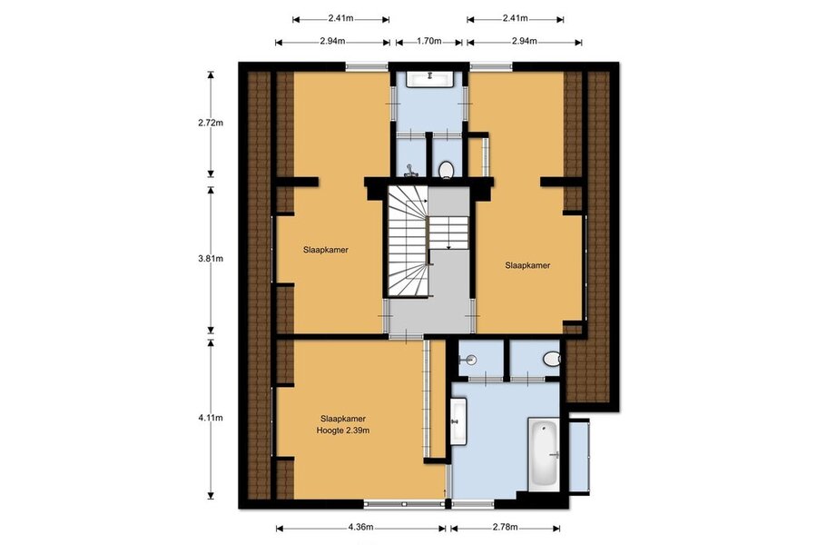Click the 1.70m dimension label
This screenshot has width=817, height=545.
(428, 41)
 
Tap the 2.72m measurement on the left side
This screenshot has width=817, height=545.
(211, 124)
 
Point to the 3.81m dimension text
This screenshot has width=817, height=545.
(211, 258)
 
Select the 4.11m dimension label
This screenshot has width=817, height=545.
(211, 418)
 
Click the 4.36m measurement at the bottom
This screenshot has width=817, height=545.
(360, 527)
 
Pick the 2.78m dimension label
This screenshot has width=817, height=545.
(505, 527)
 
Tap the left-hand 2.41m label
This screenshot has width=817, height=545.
(340, 19)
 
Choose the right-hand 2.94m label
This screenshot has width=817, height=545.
(524, 41)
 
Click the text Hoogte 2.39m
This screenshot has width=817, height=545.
(343, 431)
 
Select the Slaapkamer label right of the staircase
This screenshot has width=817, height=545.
(527, 265)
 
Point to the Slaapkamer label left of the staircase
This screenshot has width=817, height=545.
(326, 250)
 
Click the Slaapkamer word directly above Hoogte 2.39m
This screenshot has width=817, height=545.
(343, 418)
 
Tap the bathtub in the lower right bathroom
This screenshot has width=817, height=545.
(544, 454)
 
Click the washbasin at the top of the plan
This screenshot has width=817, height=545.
(430, 79)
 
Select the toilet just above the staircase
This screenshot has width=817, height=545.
(446, 170)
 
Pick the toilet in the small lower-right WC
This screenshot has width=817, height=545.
(551, 359)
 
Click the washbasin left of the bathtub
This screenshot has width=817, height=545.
(458, 421)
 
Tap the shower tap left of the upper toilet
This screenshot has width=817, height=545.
(411, 170)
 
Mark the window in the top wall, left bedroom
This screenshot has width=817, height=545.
(367, 66)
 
